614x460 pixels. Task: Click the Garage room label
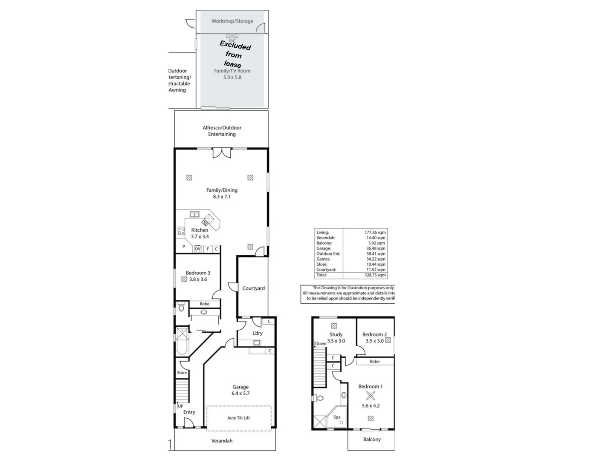(x=240, y=387)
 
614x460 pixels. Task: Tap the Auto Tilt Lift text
(x=238, y=418)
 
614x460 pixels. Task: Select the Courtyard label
(x=253, y=288)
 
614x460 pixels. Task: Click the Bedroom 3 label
(x=198, y=273)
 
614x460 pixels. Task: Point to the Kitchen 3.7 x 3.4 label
(x=200, y=233)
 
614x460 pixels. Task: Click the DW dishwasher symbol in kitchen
(x=205, y=223)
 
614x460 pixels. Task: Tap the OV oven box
(x=197, y=249)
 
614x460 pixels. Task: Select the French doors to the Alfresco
(x=222, y=153)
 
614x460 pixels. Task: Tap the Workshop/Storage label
(x=232, y=21)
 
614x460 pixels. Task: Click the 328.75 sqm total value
(x=375, y=275)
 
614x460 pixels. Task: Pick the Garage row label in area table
(x=324, y=248)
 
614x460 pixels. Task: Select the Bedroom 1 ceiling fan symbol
(x=371, y=396)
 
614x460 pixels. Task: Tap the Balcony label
(x=372, y=439)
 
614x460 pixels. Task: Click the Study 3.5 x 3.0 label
(x=336, y=338)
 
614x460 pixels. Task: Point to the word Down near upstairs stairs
(x=321, y=343)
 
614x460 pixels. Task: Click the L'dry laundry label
(x=257, y=333)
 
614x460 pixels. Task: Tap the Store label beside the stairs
(x=182, y=373)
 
